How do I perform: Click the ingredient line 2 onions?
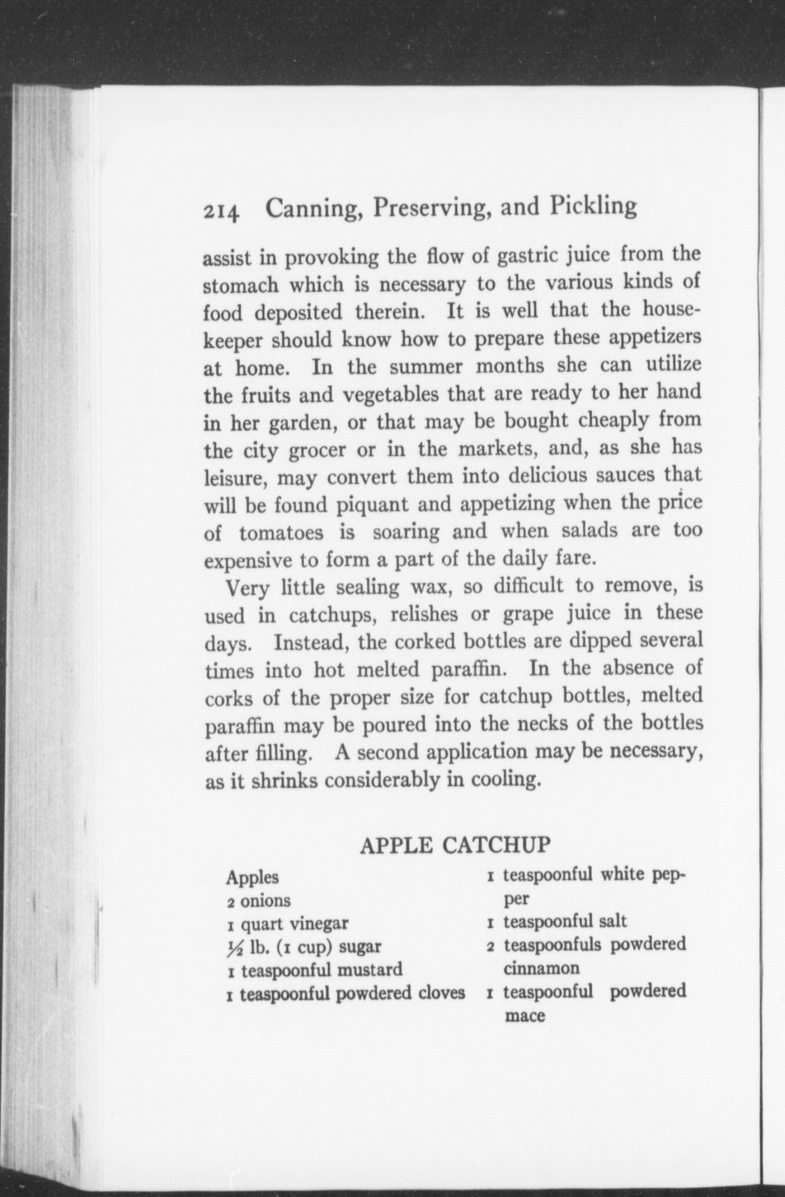pyautogui.click(x=259, y=901)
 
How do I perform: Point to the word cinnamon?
pyautogui.click(x=541, y=968)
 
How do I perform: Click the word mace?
pyautogui.click(x=525, y=1015)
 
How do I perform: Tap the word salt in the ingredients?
pyautogui.click(x=612, y=922)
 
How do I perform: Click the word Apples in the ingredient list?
pyautogui.click(x=252, y=877)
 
